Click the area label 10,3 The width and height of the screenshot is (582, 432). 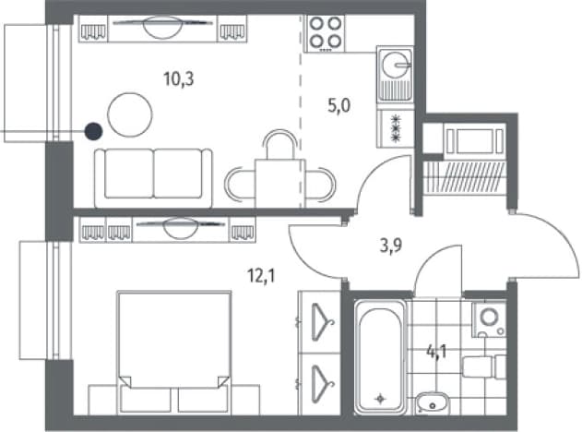coord(179,79)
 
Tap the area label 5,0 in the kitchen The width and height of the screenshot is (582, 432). coord(339,106)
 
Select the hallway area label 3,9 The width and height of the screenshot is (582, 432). coord(391,246)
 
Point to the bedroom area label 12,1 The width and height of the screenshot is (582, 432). coord(261,276)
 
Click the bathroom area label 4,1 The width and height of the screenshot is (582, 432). coord(436,352)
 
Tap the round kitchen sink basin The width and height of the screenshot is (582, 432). coord(396,65)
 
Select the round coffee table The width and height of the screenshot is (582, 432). coord(129,114)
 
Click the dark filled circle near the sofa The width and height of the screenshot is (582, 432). coord(93,131)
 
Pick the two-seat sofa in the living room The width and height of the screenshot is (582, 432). coord(153,178)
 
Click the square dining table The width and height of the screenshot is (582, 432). coord(279,184)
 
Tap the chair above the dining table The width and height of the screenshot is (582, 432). coord(280,145)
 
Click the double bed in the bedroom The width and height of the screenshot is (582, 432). coord(174,352)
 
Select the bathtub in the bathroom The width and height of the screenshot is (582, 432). coord(380,357)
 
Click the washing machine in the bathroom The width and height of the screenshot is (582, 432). coord(489,319)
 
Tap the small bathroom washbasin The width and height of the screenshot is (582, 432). coord(432,402)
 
